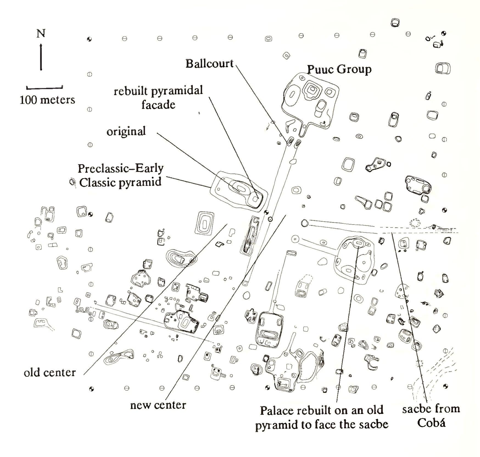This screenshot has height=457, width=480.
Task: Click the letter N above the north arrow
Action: click(41, 33)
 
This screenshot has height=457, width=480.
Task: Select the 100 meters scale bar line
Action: click(44, 88)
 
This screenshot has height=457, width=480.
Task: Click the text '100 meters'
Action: click(47, 100)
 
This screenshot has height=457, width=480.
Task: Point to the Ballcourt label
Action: click(209, 64)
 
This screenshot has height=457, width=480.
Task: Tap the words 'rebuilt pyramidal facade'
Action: click(158, 97)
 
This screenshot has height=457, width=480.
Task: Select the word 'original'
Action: click(126, 132)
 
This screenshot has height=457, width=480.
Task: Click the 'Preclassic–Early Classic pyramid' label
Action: click(121, 175)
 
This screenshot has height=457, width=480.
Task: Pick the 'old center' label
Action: click(50, 373)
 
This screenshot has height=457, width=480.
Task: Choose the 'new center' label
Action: click(158, 405)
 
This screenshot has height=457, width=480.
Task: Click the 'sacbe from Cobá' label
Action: click(431, 416)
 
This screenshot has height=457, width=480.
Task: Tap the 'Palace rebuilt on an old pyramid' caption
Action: click(322, 417)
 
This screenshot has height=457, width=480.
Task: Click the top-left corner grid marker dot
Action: click(89, 39)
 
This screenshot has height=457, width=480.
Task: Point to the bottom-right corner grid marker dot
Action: click(445, 386)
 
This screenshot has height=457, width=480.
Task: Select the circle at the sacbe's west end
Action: click(304, 223)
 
